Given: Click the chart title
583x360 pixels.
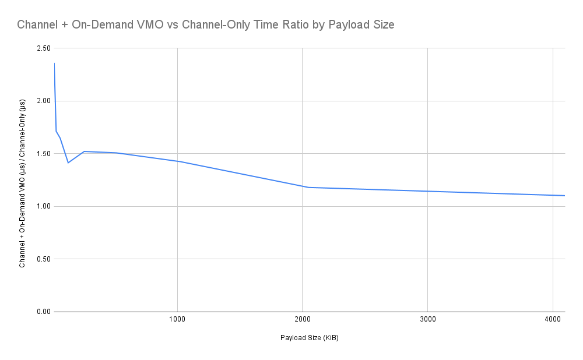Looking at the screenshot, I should coord(206,25).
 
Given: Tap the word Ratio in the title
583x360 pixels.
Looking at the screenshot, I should coord(296,25).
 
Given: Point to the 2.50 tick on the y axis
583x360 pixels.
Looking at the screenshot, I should coord(42,48).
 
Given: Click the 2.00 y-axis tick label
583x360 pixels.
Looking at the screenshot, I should coord(42,101).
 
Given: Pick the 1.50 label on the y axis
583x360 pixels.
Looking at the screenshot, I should coord(42,154).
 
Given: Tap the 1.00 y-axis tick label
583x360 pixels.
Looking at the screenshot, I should coord(42,206).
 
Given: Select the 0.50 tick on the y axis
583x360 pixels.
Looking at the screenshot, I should coord(42,259).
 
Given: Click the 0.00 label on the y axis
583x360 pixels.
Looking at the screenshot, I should coord(42,312).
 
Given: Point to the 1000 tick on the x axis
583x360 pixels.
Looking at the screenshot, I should coord(177,319).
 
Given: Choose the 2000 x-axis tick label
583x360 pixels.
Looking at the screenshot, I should coord(302,319).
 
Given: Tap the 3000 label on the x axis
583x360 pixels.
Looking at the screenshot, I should coord(427,319).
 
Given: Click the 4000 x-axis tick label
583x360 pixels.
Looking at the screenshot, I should coord(552,319).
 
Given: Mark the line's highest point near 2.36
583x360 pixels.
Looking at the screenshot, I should coord(54,63).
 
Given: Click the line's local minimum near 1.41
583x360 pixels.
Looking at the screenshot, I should coord(68,163).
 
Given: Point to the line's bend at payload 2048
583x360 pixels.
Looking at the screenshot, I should coord(308,187).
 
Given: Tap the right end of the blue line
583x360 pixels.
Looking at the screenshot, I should coord(564,196).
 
